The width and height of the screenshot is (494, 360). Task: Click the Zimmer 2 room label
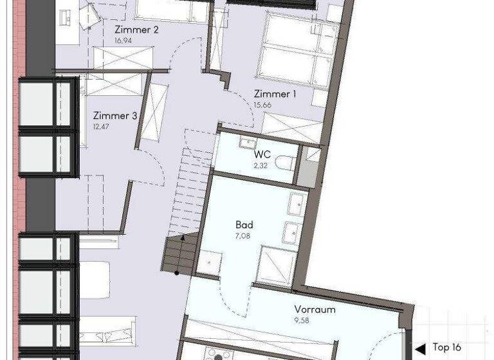click(x=136, y=30)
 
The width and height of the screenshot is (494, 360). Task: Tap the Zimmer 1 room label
click(x=275, y=94)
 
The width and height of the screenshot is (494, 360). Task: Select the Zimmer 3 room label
click(x=115, y=116)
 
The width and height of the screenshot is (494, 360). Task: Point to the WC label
click(x=262, y=154)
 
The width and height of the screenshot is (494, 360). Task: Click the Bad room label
click(x=244, y=226)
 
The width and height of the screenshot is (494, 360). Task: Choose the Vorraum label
click(x=315, y=309)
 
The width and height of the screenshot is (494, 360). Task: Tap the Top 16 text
click(x=448, y=347)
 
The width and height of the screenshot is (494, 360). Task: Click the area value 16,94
click(x=123, y=40)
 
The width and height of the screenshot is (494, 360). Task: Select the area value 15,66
click(x=262, y=104)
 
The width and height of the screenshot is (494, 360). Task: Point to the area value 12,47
click(x=102, y=126)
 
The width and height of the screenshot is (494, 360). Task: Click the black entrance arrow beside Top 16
click(x=421, y=347)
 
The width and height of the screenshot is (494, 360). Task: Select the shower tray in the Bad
click(x=276, y=266)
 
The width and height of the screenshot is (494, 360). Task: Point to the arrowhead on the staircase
click(x=183, y=238)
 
